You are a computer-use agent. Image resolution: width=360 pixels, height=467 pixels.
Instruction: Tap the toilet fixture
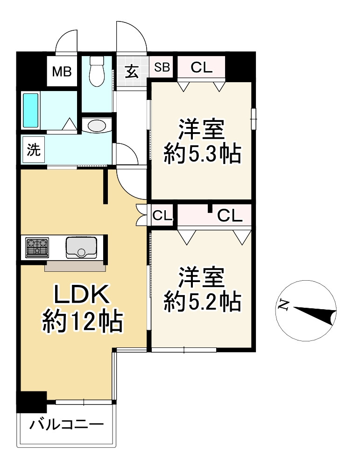[97, 71]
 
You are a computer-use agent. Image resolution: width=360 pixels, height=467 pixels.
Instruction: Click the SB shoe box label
[162, 67]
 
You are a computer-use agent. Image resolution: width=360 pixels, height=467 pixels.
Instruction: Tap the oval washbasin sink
[97, 126]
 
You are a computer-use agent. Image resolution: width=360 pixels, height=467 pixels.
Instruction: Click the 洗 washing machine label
[33, 150]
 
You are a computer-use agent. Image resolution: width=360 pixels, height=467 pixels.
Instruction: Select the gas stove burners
[37, 247]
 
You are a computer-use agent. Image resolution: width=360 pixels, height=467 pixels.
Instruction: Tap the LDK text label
[82, 295]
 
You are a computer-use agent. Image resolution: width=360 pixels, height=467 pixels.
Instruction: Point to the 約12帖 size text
[83, 321]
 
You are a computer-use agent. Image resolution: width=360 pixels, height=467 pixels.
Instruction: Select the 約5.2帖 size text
[202, 301]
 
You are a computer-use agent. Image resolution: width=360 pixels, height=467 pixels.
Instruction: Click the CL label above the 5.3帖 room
[202, 68]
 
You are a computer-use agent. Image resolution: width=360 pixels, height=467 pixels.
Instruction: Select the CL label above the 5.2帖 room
[229, 216]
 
